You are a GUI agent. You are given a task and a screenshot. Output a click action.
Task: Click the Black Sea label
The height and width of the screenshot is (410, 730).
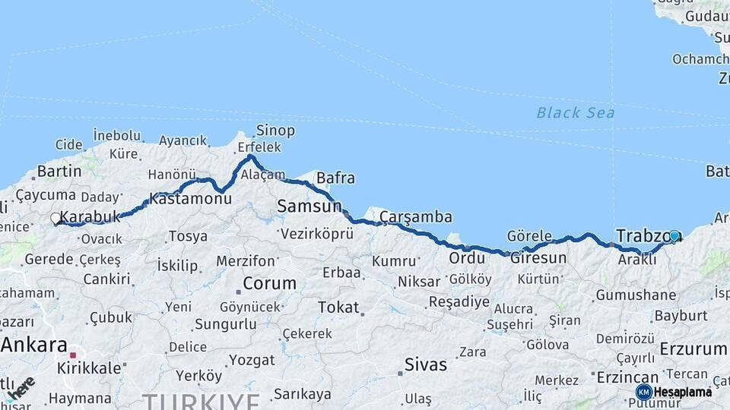click(575, 113)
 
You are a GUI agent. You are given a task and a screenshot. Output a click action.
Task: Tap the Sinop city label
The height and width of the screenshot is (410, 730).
click(275, 130)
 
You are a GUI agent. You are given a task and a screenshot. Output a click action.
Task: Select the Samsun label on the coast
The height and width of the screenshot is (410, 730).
click(309, 206)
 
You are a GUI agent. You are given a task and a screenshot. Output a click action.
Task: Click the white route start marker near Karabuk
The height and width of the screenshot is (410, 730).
click(56, 219)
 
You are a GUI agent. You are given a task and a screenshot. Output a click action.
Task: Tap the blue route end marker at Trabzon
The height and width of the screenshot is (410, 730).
click(674, 236)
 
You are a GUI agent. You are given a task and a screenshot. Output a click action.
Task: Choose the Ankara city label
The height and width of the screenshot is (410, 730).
click(34, 345)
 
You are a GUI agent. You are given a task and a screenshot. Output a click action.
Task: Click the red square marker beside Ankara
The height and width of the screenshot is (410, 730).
click(73, 355)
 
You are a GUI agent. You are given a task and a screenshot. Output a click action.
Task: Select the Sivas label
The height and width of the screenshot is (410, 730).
click(426, 364)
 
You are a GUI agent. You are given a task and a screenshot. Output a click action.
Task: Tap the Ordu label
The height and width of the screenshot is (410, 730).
click(466, 258)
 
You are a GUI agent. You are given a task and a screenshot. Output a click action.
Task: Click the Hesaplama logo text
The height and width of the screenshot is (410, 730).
click(683, 392)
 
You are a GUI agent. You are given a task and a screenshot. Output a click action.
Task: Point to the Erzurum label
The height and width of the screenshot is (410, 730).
click(693, 348)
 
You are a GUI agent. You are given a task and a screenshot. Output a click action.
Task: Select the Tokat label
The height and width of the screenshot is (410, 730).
click(338, 307)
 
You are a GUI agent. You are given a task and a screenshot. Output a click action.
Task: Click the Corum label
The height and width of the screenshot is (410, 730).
click(269, 284)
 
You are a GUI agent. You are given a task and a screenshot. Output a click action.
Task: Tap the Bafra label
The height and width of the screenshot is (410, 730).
click(335, 178)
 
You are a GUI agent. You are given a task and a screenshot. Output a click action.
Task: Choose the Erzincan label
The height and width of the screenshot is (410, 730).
click(627, 377)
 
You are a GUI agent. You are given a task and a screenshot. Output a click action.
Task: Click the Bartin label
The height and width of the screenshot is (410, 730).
click(59, 171)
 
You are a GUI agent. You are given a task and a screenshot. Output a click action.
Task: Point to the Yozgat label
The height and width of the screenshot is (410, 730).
click(252, 360)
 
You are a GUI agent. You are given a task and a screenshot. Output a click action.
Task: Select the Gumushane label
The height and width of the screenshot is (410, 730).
click(636, 295)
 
